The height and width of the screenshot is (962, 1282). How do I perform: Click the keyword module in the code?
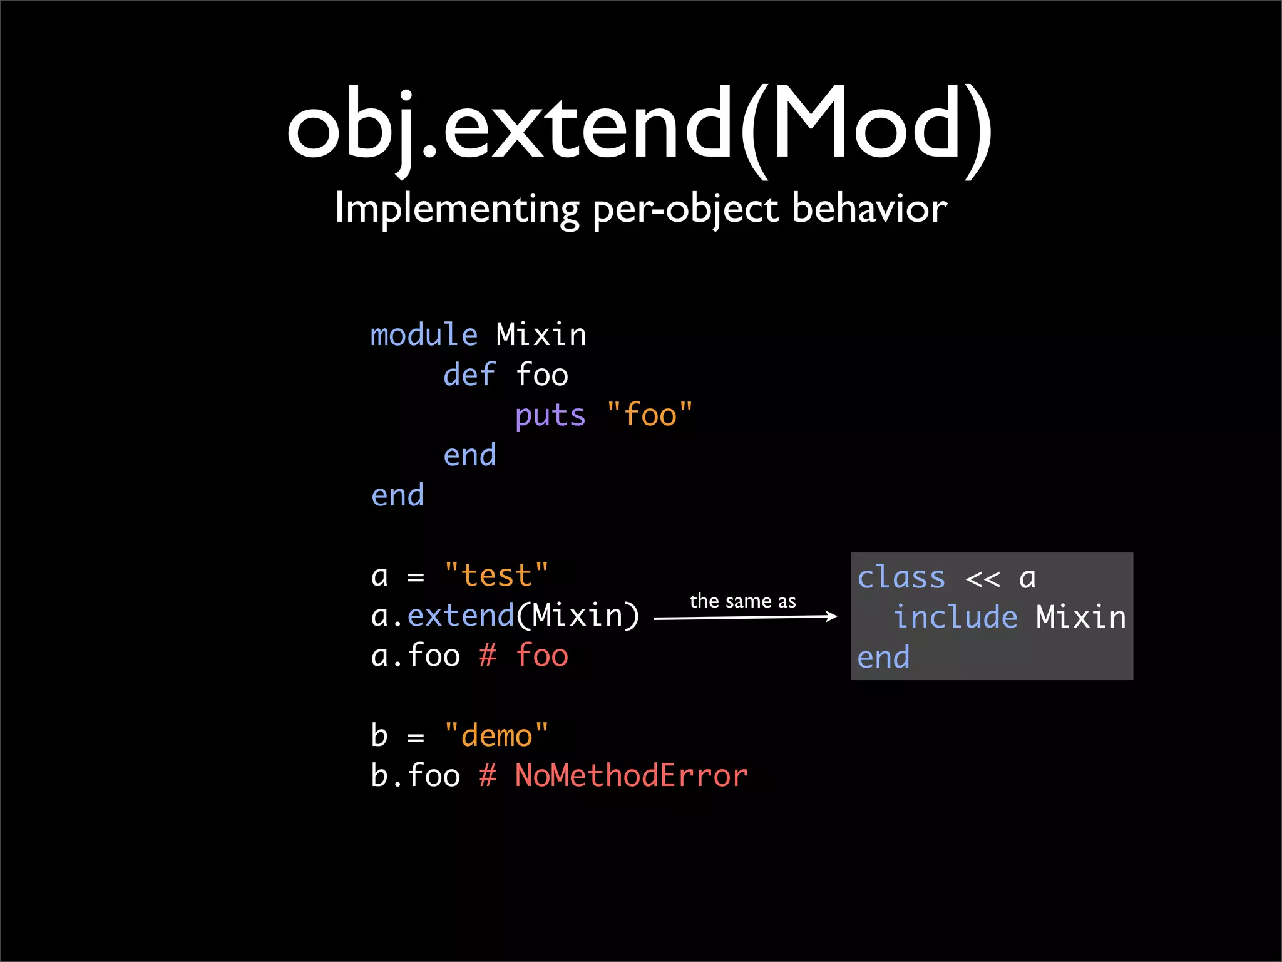424,335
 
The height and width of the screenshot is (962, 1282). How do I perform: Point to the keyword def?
469,375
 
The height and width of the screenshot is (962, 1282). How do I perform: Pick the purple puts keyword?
550,416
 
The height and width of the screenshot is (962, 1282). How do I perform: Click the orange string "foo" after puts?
650,415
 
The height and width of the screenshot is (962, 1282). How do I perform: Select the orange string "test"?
496,576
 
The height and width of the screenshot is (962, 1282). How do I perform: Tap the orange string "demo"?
496,735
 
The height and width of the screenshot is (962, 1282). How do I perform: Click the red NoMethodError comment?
631,775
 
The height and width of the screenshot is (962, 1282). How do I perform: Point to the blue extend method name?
461,616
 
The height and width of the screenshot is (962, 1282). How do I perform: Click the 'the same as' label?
742,601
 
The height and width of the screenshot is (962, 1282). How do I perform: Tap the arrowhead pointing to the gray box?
831,617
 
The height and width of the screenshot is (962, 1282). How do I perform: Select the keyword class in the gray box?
901,577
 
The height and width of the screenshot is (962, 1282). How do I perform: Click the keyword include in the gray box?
955,618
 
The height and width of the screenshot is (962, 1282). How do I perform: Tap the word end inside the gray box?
883,658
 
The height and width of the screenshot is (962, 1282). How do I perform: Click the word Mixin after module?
541,335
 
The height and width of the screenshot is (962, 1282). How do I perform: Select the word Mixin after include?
1081,618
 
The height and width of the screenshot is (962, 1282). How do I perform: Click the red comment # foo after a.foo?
524,656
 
